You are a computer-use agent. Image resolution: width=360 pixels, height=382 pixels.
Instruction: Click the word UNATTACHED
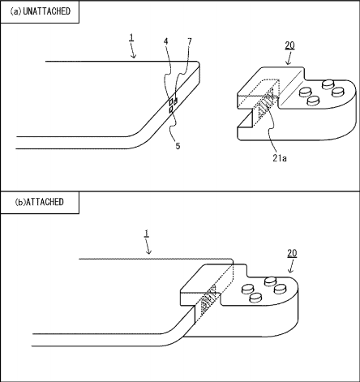[x=47, y=11]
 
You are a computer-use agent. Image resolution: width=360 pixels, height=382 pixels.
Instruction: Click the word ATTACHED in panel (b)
[x=45, y=202]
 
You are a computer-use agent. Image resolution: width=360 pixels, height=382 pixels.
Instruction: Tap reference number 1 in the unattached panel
[x=131, y=37]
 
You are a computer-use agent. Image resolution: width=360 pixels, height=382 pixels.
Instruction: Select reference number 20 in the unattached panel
[x=289, y=45]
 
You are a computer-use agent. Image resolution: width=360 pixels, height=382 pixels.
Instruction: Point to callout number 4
[x=165, y=41]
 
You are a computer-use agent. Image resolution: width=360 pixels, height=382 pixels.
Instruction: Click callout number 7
[x=190, y=41]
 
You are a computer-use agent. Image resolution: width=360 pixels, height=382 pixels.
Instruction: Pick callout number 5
[x=178, y=146]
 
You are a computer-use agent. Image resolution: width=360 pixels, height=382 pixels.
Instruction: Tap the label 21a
[x=280, y=158]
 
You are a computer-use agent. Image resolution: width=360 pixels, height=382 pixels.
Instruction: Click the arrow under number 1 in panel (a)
[x=133, y=51]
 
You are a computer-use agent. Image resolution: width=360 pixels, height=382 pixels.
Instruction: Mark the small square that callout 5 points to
[x=171, y=109]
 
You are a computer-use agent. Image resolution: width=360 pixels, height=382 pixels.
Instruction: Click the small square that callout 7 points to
[x=176, y=101]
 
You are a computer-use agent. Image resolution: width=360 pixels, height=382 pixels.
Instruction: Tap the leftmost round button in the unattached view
[x=306, y=92]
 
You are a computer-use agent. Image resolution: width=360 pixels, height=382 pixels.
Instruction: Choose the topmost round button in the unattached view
[x=328, y=84]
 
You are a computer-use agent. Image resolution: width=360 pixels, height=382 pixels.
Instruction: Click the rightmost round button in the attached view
[x=281, y=289]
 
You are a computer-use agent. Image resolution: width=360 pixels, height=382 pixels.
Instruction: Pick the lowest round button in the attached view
[x=255, y=298]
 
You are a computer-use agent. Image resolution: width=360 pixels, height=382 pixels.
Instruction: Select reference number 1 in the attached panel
[x=146, y=234]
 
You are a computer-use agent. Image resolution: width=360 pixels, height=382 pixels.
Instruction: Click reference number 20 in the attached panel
[x=292, y=253]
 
